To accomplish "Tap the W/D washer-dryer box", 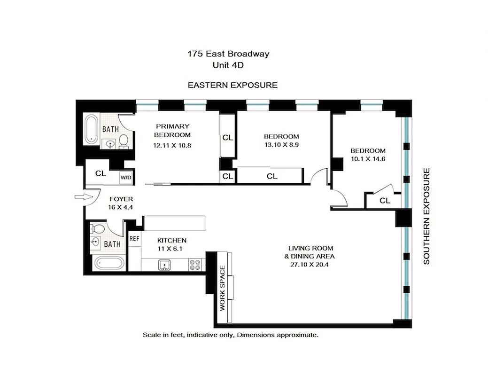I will pyautogui.click(x=125, y=178).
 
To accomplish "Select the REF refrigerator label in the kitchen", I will pyautogui.click(x=134, y=238).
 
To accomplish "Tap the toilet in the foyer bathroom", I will pyautogui.click(x=98, y=229).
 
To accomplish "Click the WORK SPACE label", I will pyautogui.click(x=223, y=289).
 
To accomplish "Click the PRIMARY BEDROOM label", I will pyautogui.click(x=172, y=130).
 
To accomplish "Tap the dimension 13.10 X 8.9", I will pyautogui.click(x=281, y=145).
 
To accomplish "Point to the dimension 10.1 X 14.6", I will pyautogui.click(x=368, y=159).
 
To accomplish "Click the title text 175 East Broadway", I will pyautogui.click(x=228, y=54).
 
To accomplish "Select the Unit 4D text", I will pyautogui.click(x=228, y=65).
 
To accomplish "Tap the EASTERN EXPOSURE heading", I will pyautogui.click(x=232, y=85).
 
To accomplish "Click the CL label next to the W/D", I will pyautogui.click(x=101, y=173).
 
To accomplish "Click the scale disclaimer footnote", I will pyautogui.click(x=231, y=335).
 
